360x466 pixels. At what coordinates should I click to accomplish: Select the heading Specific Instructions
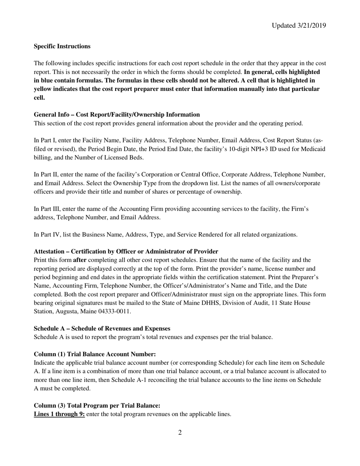[62, 46]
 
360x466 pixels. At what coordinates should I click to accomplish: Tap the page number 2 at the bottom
[180, 432]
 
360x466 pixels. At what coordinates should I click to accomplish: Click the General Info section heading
[117, 114]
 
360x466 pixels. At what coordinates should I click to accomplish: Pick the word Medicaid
[313, 149]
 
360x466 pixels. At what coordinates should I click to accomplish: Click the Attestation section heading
[126, 251]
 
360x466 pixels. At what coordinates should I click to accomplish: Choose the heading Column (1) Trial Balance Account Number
[95, 354]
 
